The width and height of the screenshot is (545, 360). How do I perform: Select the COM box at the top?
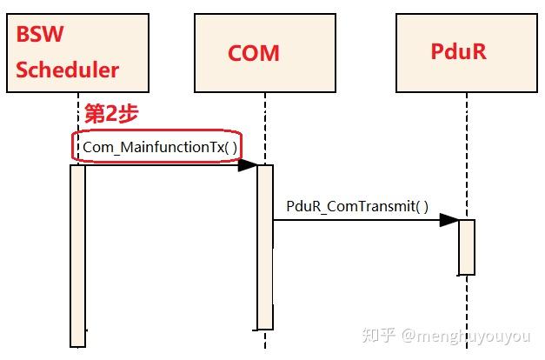[x=264, y=53]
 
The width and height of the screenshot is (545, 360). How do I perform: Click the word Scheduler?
[x=67, y=70]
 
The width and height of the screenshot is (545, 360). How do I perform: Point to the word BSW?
[x=38, y=37]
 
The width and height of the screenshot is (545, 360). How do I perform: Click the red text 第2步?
[x=110, y=114]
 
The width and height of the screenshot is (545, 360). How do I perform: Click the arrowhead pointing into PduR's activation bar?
[x=449, y=220]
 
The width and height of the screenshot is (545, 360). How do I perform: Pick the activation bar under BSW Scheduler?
[x=78, y=256]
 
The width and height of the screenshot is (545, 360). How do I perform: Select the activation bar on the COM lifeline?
[x=265, y=247]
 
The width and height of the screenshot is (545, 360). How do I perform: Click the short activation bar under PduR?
[x=467, y=247]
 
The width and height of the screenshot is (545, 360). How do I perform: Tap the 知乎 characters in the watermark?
[x=381, y=336]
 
